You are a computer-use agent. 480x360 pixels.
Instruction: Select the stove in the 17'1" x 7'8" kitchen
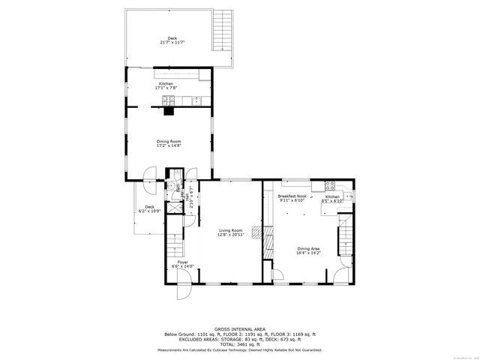205,74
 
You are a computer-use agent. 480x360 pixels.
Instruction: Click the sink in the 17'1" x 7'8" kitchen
197,100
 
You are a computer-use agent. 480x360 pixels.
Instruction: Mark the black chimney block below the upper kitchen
169,112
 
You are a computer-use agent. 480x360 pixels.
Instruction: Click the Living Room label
231,230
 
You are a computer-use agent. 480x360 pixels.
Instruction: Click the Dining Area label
308,250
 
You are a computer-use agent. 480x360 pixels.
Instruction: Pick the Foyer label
183,262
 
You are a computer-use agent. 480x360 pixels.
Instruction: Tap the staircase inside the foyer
174,244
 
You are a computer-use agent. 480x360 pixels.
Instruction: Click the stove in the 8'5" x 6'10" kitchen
329,186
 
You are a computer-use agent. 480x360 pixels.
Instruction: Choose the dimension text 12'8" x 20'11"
231,235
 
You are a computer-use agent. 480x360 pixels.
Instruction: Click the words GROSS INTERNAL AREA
239,328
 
